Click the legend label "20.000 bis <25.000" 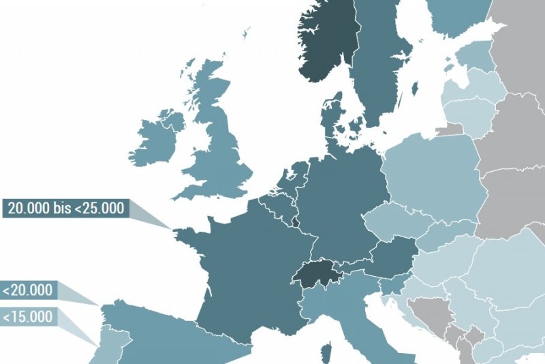coord(66,208)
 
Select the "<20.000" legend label coord(28,290)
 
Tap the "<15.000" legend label coord(28,317)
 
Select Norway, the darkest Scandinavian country coord(327,41)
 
